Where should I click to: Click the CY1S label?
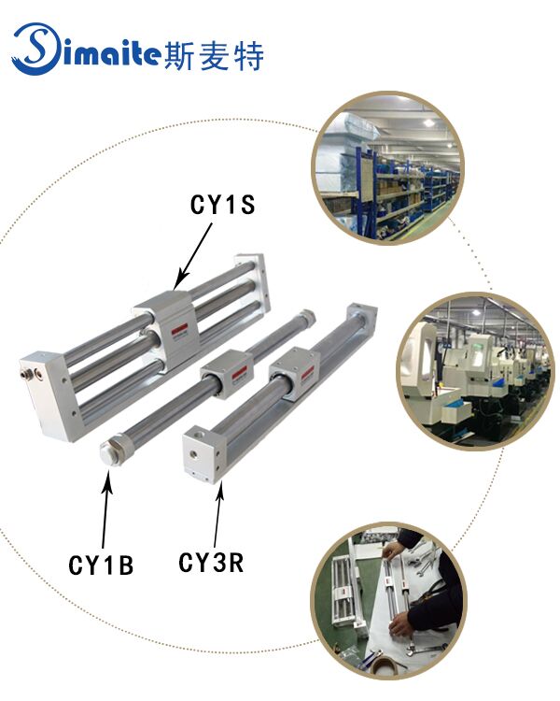click(x=222, y=205)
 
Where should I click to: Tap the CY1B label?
click(x=101, y=565)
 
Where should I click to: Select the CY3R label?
click(x=211, y=563)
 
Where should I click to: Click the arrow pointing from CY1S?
click(x=192, y=257)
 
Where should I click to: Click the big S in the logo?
click(x=35, y=50)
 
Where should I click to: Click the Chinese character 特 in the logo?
click(x=249, y=55)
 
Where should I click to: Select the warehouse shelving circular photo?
click(x=388, y=167)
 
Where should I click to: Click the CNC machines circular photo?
click(x=473, y=371)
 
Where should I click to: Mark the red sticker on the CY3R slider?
click(x=308, y=374)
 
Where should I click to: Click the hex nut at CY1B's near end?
click(x=110, y=451)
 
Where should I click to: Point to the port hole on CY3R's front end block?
click(x=194, y=454)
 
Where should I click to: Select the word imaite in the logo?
click(x=111, y=52)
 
